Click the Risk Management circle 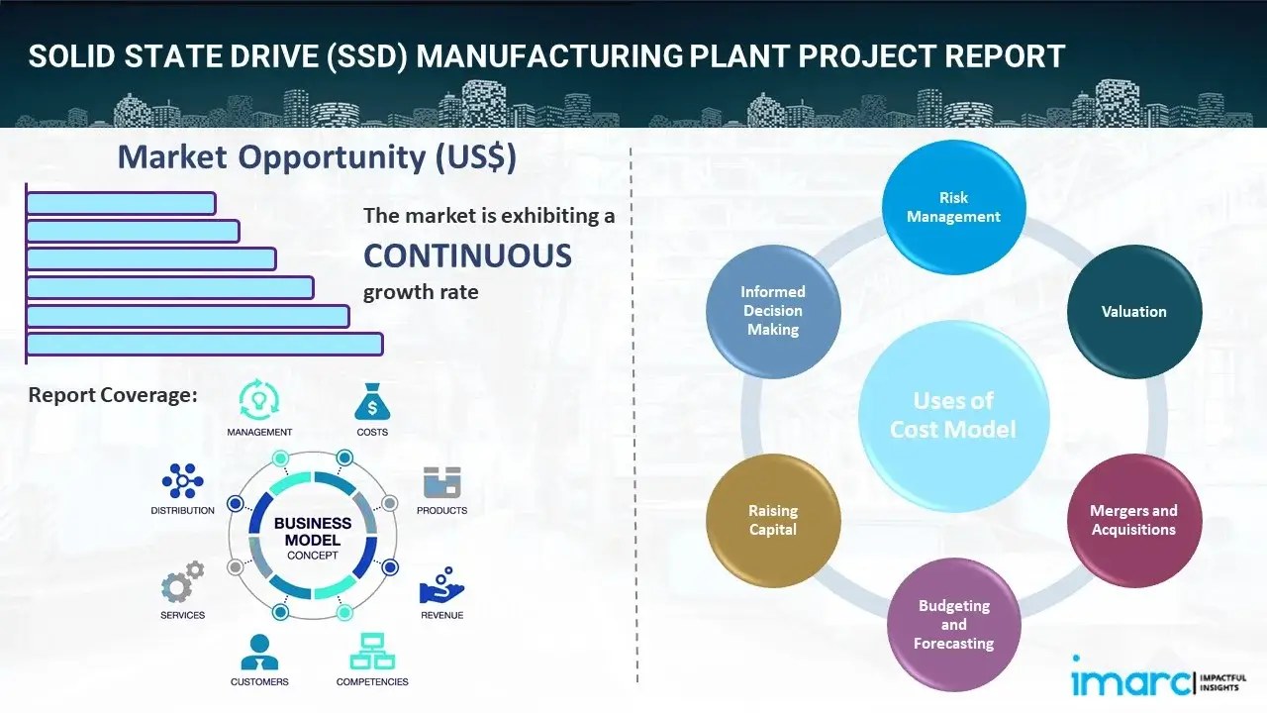[x=953, y=208]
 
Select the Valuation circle [x=1133, y=312]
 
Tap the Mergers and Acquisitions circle [x=1133, y=520]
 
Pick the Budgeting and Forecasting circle [x=953, y=624]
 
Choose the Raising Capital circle [x=773, y=520]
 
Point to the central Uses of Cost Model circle [x=953, y=415]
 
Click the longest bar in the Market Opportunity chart [x=204, y=344]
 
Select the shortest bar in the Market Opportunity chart [x=121, y=203]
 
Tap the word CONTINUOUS [x=467, y=256]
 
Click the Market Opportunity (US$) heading [x=317, y=157]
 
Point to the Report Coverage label [x=113, y=395]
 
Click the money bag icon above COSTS [x=372, y=402]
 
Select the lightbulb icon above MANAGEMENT [x=259, y=400]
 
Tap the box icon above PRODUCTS [x=442, y=482]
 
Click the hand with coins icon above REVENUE [x=441, y=585]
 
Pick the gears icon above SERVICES [x=182, y=584]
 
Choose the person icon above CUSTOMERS [x=259, y=652]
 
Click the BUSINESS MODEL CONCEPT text [x=313, y=539]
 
